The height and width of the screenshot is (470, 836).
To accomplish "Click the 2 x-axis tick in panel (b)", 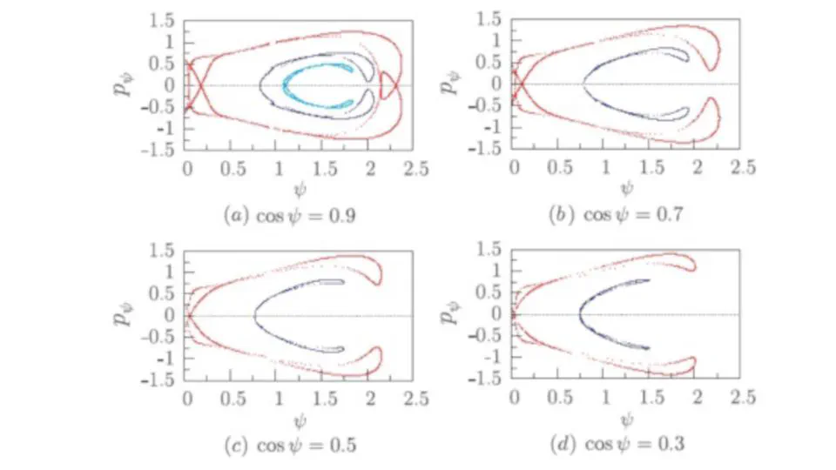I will (697, 167).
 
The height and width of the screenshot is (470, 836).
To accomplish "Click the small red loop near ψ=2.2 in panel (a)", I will (387, 84).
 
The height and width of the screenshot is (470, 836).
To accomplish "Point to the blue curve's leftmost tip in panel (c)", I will (255, 316).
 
